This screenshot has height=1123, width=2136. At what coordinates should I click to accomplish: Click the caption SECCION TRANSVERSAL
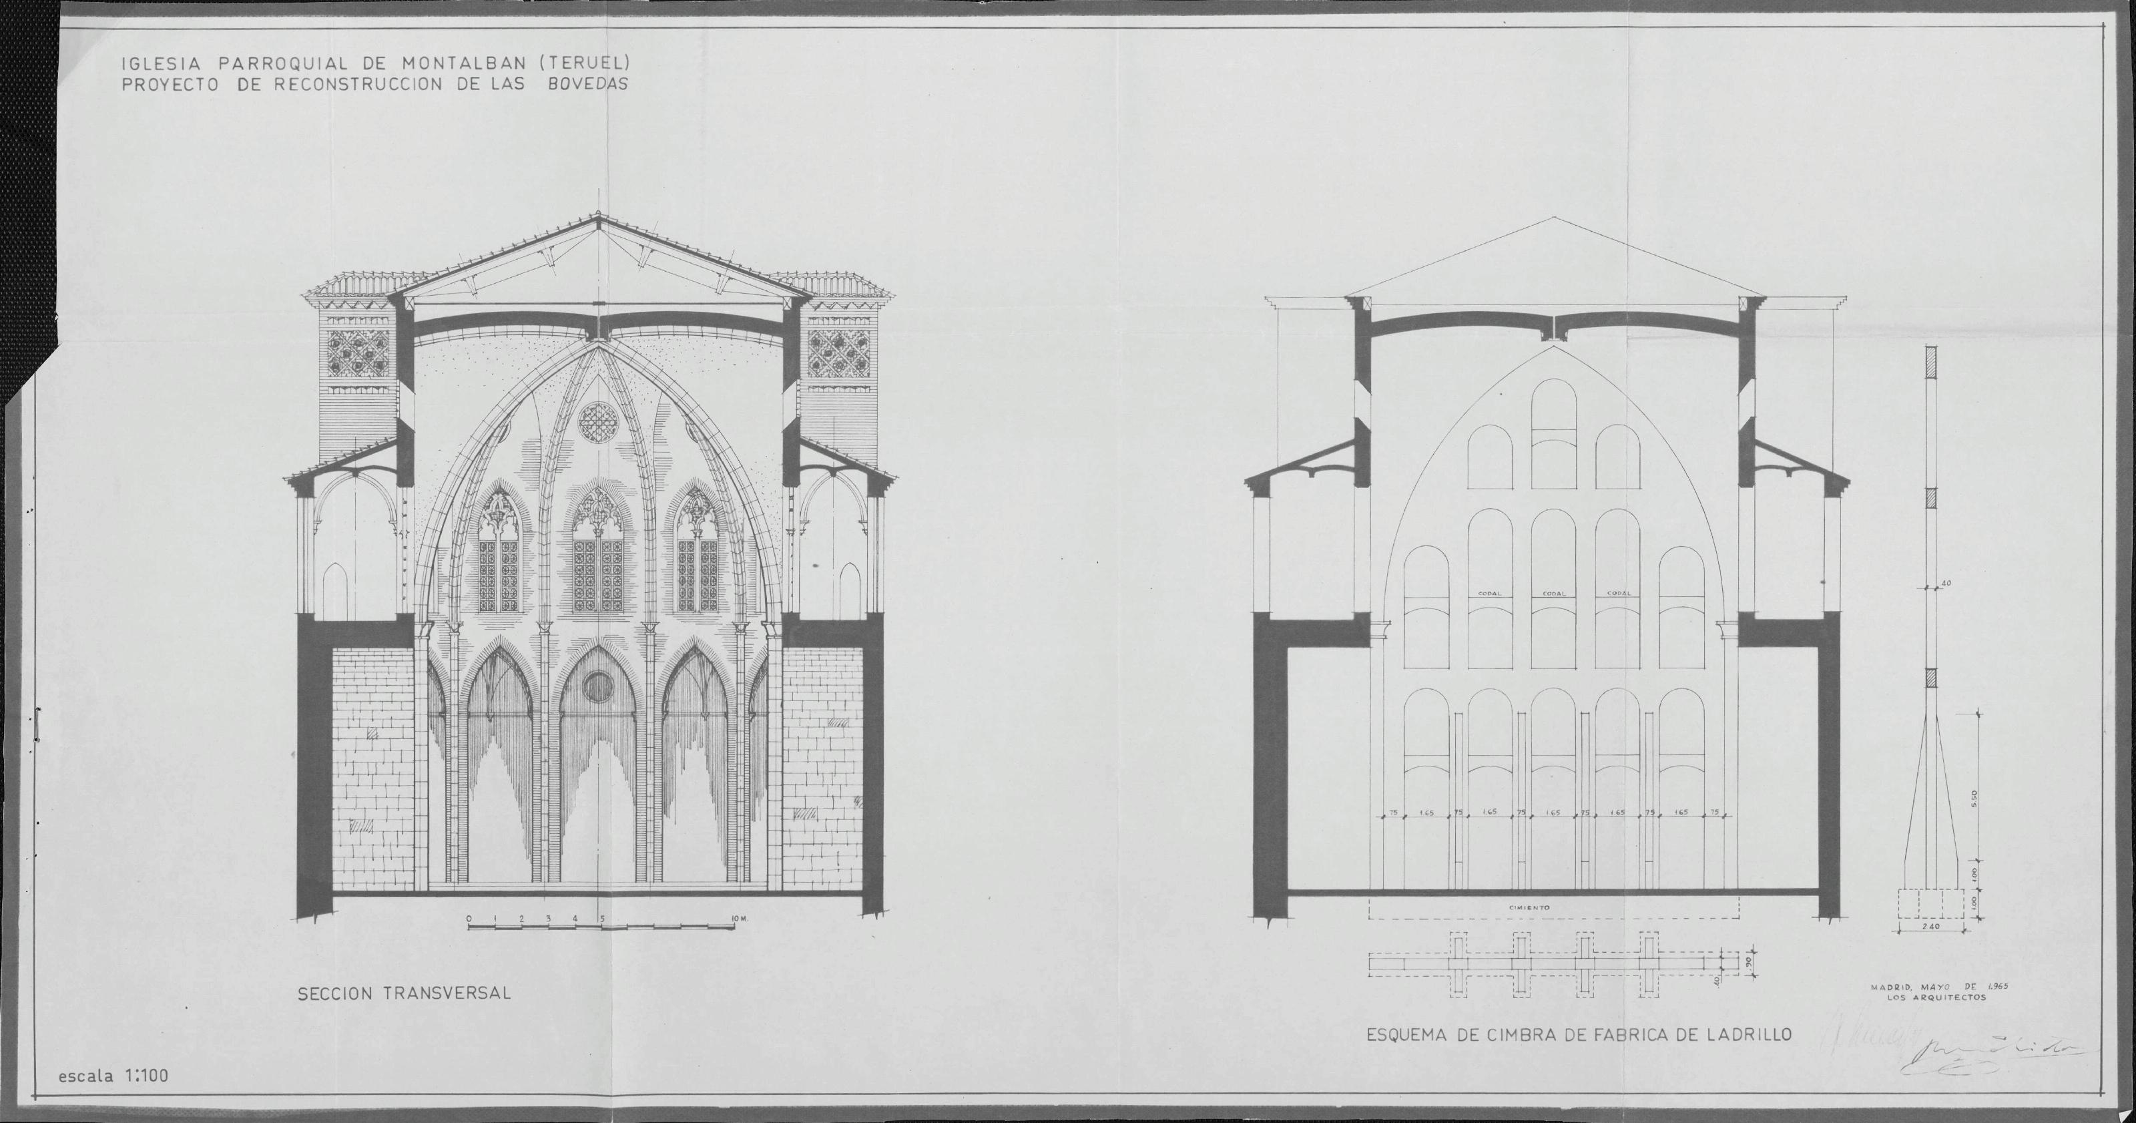405,993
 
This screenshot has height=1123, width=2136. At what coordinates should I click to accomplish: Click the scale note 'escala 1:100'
113,1076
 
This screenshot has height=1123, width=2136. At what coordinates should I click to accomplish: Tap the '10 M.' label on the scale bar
739,919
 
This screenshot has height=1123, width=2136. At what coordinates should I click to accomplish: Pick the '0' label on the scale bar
469,919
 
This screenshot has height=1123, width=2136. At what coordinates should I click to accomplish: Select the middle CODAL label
1553,593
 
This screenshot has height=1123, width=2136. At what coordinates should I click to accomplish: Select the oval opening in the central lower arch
597,686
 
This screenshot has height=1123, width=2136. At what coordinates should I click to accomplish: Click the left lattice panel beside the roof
359,353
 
